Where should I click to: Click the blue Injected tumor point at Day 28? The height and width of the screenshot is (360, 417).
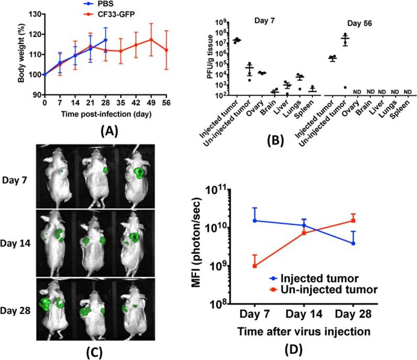point(354,243)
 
